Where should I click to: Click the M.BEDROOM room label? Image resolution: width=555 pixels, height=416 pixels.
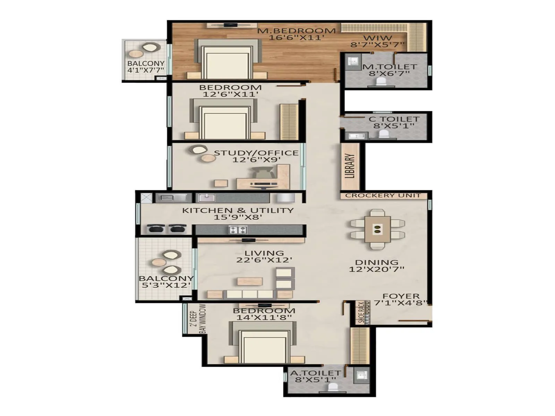pos(297,31)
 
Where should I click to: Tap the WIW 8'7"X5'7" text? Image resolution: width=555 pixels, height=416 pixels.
pos(377,41)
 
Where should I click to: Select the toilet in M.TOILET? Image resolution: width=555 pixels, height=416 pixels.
pos(381,82)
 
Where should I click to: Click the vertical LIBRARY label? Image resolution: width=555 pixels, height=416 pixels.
pos(350,166)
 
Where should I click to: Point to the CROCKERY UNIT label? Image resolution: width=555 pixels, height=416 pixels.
pos(383,196)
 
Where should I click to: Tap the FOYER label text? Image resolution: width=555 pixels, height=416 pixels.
pos(401,296)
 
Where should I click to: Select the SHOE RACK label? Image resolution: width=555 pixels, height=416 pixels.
pos(361,313)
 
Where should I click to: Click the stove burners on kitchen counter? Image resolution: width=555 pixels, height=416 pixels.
pos(238,229)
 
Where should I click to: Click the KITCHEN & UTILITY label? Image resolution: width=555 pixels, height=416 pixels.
pos(238,210)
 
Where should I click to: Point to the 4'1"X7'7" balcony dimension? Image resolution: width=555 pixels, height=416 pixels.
pos(146,70)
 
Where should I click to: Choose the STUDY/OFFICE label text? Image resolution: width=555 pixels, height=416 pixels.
pos(256,153)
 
